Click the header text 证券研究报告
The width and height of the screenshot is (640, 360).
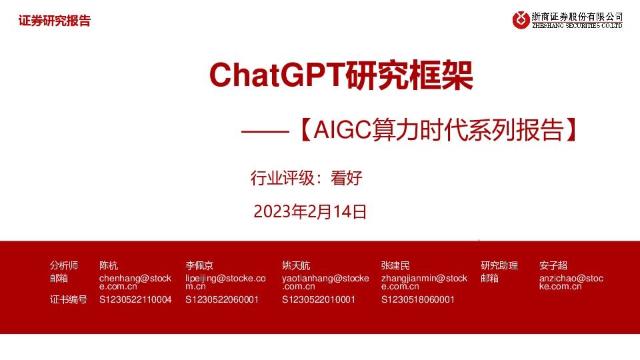(x=55, y=21)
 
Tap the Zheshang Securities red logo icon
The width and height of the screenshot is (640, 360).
(x=521, y=20)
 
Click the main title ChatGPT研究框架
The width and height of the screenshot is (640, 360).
(x=341, y=77)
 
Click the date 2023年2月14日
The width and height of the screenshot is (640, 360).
(x=311, y=212)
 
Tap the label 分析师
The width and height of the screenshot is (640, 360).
(x=64, y=265)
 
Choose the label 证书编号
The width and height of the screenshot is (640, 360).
(x=69, y=299)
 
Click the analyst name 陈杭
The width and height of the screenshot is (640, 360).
(x=109, y=265)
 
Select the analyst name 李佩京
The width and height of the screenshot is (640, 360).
(x=199, y=265)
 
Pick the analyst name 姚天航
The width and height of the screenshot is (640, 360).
(x=296, y=265)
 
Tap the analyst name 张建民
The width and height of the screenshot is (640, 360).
(x=395, y=265)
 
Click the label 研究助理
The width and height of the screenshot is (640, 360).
(x=499, y=265)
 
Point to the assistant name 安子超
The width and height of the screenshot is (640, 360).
(x=553, y=265)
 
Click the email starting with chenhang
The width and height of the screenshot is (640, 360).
(x=135, y=282)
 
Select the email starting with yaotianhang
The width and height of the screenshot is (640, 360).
(x=325, y=282)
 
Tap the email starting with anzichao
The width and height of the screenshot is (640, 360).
(x=571, y=282)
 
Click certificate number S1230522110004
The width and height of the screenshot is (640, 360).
(x=135, y=299)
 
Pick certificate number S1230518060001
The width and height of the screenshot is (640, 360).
(x=418, y=299)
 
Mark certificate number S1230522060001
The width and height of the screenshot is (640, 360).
(x=222, y=299)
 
